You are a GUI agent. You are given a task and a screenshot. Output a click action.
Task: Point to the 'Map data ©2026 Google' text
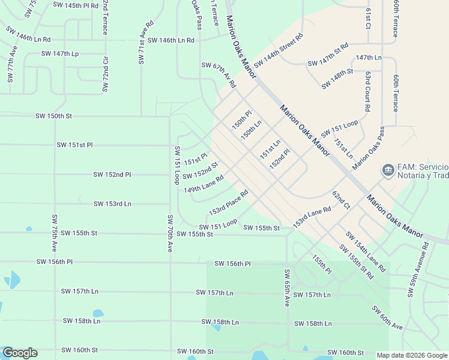click(412, 355)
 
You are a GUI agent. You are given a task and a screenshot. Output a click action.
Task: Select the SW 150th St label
click(53, 116)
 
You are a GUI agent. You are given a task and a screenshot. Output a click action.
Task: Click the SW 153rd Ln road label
click(112, 204)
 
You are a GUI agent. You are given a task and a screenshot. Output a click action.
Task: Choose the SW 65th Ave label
click(287, 288)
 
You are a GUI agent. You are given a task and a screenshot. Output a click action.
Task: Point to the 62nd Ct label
click(341, 200)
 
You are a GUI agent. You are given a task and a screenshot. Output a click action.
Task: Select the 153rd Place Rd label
click(228, 203)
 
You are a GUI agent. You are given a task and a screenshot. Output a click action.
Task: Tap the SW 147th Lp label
click(60, 53)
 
